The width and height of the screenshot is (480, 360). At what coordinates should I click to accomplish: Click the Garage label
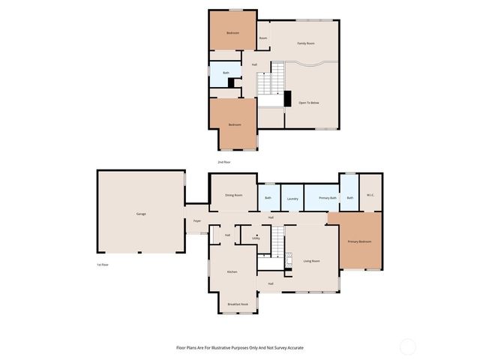pos(141,214)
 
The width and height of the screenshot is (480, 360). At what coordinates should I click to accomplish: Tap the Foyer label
pos(197,221)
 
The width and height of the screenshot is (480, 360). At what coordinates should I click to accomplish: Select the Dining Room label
pos(234,195)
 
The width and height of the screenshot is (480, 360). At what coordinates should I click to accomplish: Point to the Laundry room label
pos(292,199)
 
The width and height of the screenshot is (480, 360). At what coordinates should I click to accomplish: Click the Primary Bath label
pos(327,198)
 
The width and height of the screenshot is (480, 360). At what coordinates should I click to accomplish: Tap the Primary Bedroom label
pos(359,241)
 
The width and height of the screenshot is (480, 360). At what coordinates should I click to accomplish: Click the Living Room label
pos(312,261)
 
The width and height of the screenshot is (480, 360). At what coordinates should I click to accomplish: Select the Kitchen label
pos(232,271)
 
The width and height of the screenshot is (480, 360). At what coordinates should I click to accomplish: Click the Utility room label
pos(256,238)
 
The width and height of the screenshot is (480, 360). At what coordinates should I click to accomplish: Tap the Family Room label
pos(305,43)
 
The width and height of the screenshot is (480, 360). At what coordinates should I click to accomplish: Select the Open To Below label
pos(309,102)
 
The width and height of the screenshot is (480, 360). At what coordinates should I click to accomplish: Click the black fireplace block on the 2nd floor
pos(286,99)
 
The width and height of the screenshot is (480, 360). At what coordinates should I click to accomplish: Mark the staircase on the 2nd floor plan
pos(271,79)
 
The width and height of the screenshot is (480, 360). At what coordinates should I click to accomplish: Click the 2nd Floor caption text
pos(224,162)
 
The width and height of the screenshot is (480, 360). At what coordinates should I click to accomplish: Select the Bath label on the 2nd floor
pos(226,73)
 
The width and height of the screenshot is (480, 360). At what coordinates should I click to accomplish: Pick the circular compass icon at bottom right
pos(407,346)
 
